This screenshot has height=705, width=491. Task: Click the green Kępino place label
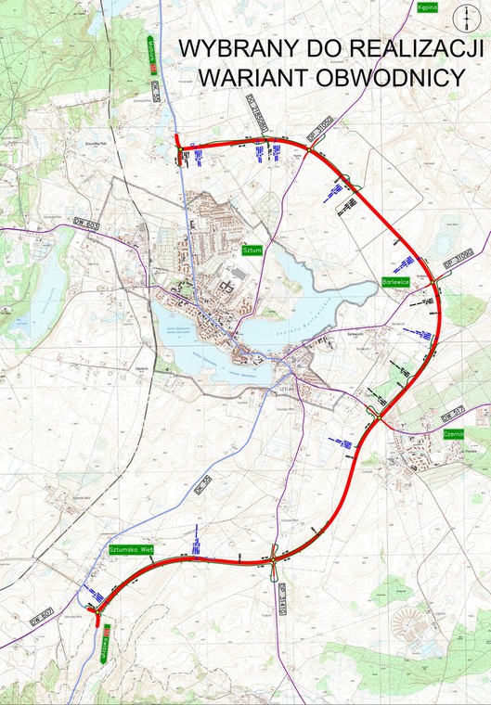(427, 7)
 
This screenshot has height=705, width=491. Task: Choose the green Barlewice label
(395, 281)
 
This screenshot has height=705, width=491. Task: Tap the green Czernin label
(454, 434)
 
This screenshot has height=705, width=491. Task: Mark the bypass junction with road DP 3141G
(275, 559)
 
